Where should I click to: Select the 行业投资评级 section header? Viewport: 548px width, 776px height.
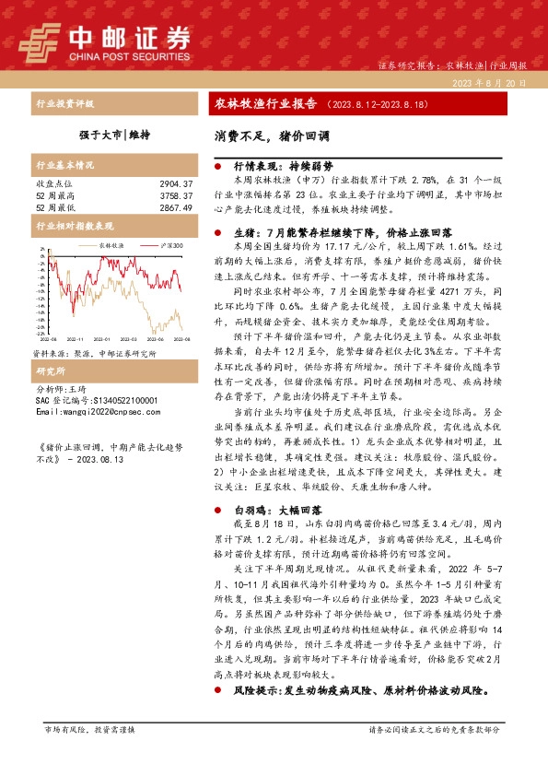[x=64, y=103]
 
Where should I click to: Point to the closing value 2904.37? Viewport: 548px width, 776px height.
[x=175, y=185]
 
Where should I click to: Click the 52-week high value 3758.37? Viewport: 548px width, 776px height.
[x=175, y=196]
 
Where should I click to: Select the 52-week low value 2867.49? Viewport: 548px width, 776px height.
[x=175, y=207]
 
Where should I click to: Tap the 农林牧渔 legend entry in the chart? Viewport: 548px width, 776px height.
[x=111, y=246]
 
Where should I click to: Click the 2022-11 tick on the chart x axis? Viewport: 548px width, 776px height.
[x=77, y=340]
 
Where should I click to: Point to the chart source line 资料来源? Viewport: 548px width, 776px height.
[x=94, y=353]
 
